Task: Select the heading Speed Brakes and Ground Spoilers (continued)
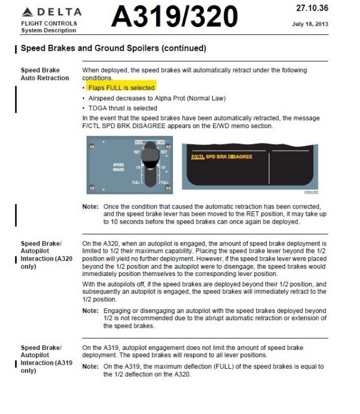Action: pos(113,49)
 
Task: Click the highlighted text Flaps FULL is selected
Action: pos(121,88)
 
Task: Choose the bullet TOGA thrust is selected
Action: pos(122,108)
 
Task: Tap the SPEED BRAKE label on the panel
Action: pos(119,167)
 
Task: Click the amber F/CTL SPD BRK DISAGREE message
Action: pos(221,157)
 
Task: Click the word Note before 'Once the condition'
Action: pos(90,207)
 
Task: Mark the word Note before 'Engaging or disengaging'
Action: pos(90,311)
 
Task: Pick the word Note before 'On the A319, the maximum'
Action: pos(90,367)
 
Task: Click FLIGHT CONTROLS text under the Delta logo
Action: pos(49,24)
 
